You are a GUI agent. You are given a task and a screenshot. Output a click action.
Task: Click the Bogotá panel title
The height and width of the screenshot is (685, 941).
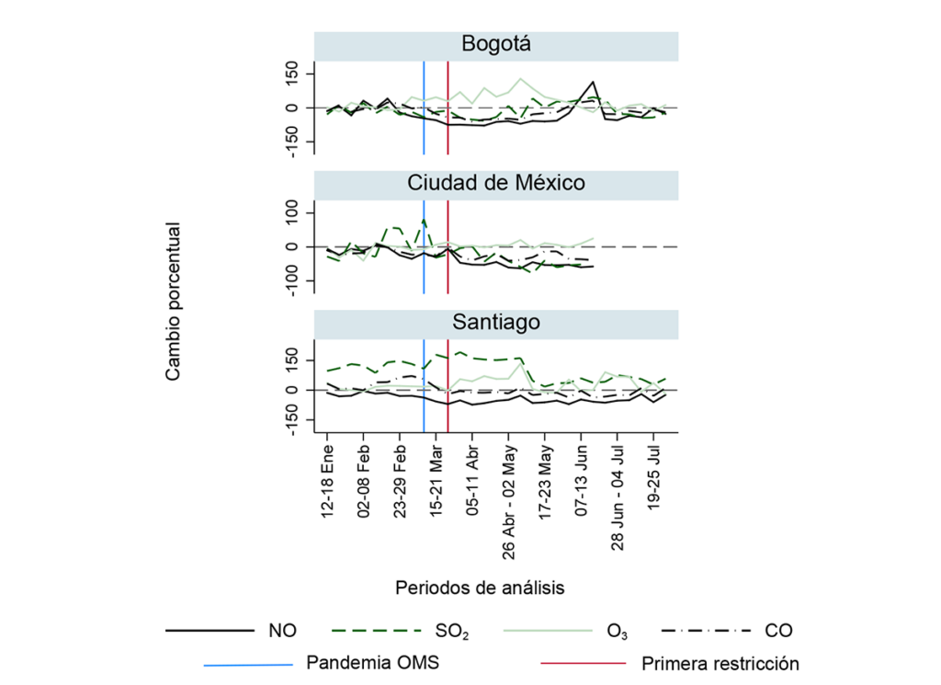coord(496,45)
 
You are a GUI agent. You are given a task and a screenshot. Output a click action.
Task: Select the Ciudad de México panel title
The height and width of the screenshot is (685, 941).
coord(496,183)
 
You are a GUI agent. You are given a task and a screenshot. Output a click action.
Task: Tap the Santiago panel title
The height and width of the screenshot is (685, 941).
coord(496,322)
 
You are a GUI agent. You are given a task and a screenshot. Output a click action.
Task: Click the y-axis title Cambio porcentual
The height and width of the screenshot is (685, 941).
coord(173,300)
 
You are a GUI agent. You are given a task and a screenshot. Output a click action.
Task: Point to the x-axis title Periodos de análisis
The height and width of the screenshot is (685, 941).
coord(480,586)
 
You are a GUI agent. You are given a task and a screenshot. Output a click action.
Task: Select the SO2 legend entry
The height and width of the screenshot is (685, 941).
coord(451,631)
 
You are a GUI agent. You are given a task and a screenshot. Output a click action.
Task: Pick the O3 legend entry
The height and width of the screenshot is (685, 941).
coord(618,631)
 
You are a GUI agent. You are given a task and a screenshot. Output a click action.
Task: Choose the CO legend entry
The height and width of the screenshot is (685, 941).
coord(778,631)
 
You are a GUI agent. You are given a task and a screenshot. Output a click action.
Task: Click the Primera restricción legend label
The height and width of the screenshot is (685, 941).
coord(720,662)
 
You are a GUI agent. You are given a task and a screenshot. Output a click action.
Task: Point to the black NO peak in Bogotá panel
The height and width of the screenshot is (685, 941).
coord(595,83)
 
